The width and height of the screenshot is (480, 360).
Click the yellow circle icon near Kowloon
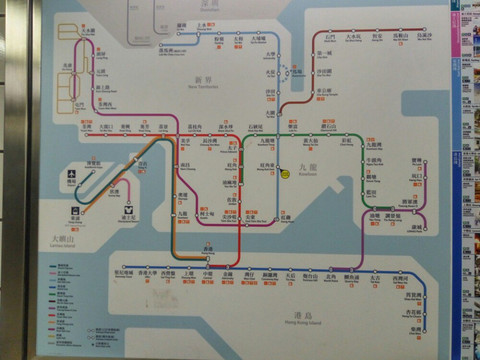click(x=285, y=173)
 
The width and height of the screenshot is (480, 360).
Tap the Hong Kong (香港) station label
click(x=207, y=248)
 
